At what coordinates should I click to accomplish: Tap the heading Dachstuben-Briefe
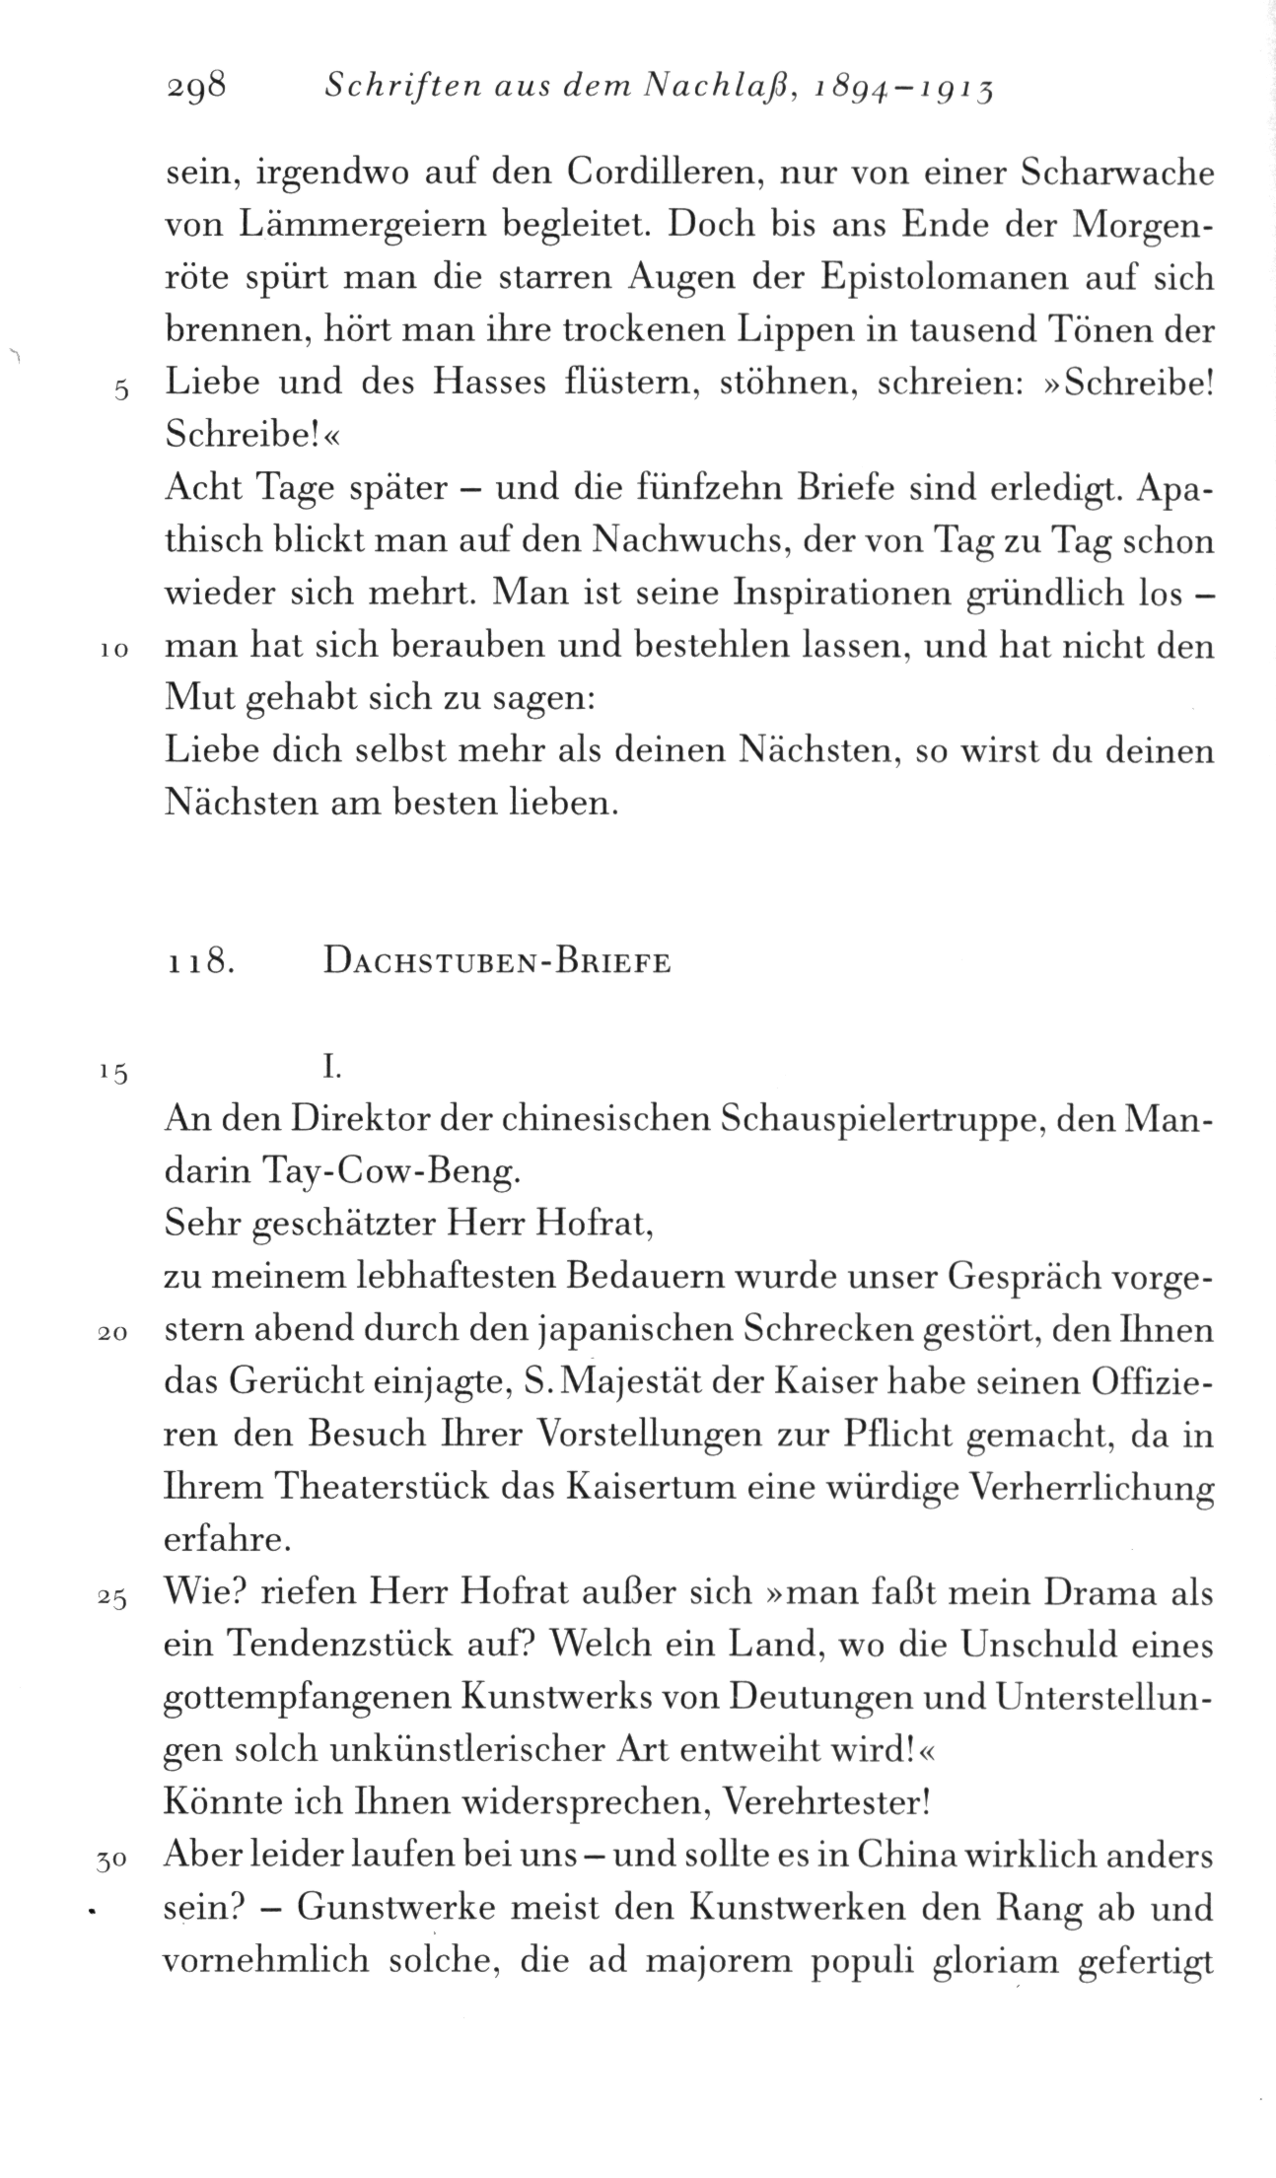[x=496, y=961]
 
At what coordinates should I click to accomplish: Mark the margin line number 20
[x=114, y=1334]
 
